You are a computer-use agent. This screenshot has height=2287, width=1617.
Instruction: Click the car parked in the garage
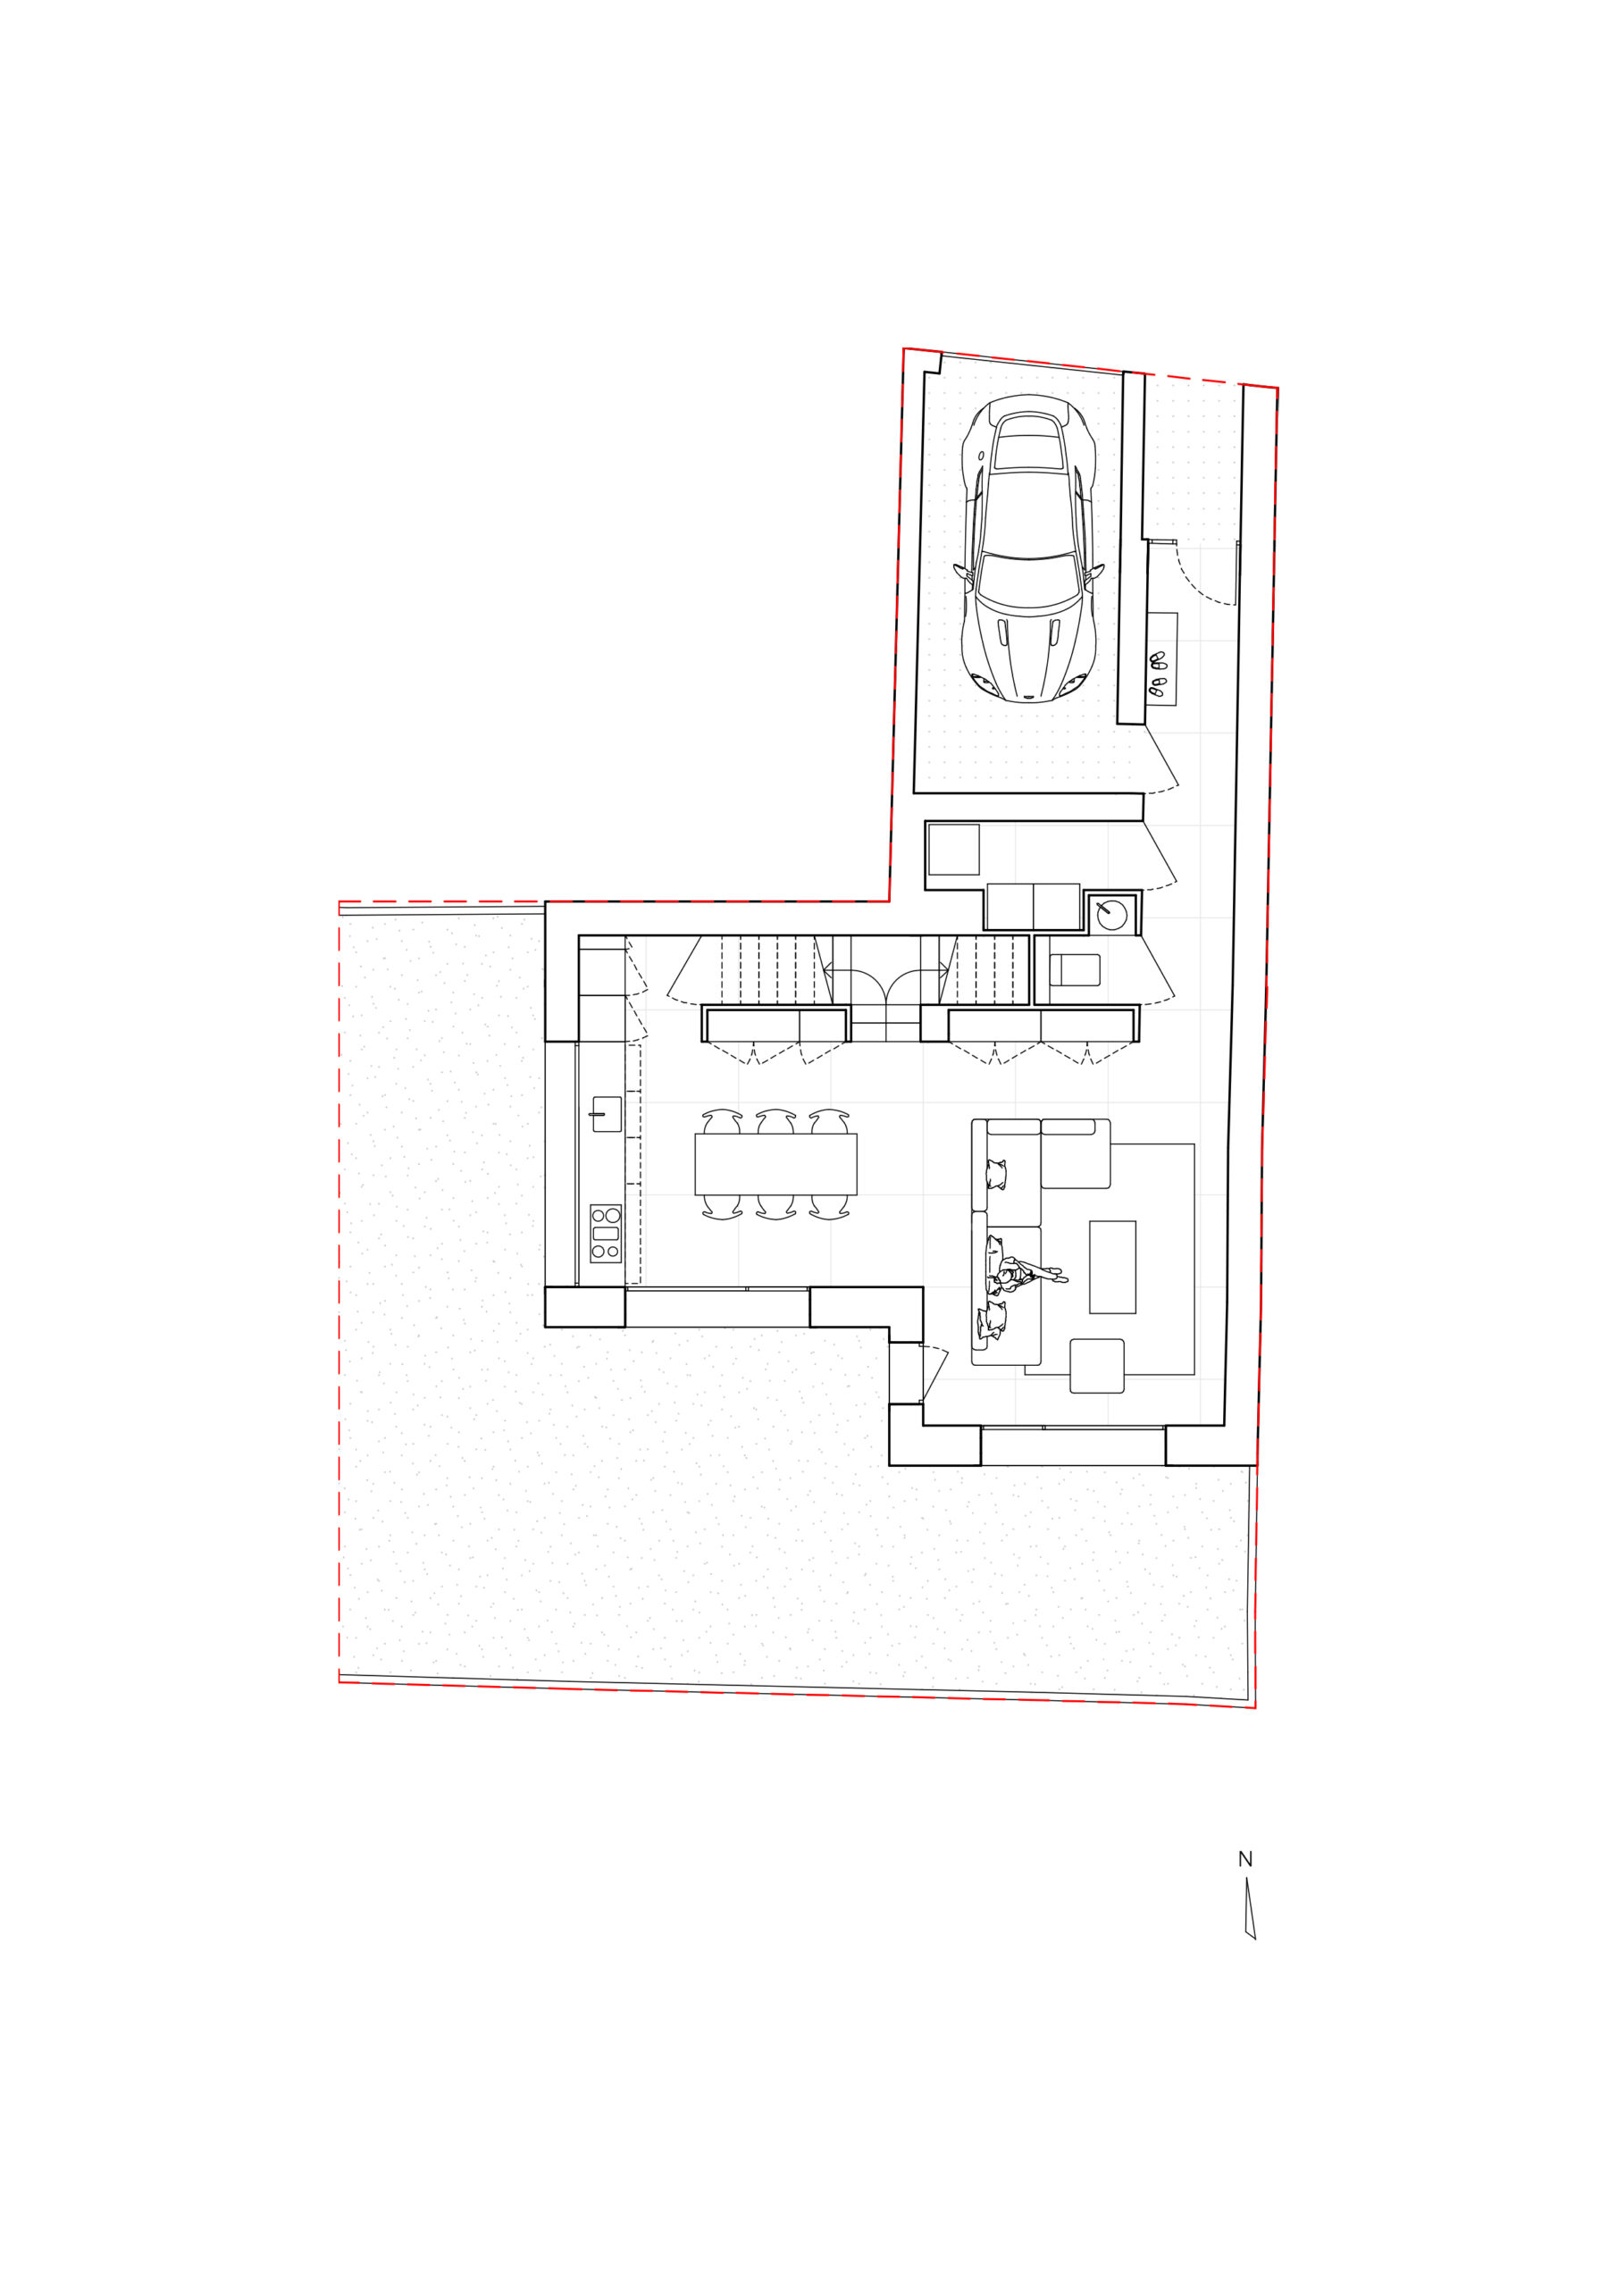pyautogui.click(x=1029, y=548)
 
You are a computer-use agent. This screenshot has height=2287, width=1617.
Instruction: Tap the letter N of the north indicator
pyautogui.click(x=1244, y=1859)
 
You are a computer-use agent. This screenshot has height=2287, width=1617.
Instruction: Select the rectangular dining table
pyautogui.click(x=776, y=1164)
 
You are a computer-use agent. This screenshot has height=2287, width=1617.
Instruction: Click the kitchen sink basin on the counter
pyautogui.click(x=607, y=1114)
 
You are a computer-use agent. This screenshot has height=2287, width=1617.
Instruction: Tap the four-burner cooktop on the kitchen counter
pyautogui.click(x=606, y=1233)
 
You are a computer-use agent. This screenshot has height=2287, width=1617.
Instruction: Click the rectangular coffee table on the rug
pyautogui.click(x=1113, y=1267)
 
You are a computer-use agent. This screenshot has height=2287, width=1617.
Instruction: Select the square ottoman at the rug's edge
pyautogui.click(x=1097, y=1366)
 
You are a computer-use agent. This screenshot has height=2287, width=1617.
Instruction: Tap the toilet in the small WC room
pyautogui.click(x=1075, y=970)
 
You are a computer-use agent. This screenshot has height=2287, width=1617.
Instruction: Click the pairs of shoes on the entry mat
pyautogui.click(x=1158, y=674)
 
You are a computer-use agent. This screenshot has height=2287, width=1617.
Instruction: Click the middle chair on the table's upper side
pyautogui.click(x=776, y=1120)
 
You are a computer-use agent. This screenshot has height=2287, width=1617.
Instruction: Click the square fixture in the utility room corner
pyautogui.click(x=953, y=850)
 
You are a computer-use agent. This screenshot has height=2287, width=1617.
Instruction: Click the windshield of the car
pyautogui.click(x=1029, y=575)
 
